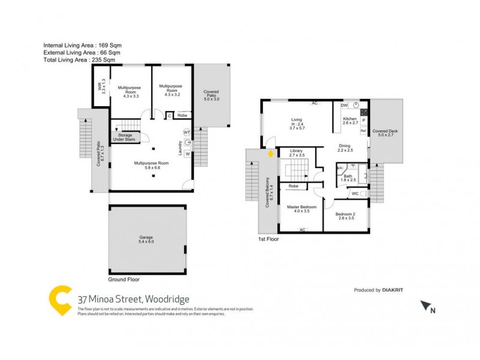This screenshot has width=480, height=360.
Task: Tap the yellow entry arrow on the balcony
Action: tap(270, 154)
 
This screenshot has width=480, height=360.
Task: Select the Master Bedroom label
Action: tap(301, 209)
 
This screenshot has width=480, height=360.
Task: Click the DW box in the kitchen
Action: tap(344, 106)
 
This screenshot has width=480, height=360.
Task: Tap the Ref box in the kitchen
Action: tap(364, 130)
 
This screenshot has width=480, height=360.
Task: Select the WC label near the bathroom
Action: tap(355, 193)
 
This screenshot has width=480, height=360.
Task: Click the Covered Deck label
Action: tap(384, 133)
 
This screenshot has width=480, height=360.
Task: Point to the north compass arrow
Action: tap(427, 307)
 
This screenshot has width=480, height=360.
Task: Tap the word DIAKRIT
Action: tap(395, 290)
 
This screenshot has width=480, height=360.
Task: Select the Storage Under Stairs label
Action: tap(125, 137)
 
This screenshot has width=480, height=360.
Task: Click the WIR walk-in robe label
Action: tap(102, 88)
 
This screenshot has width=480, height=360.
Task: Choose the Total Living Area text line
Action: tap(80, 61)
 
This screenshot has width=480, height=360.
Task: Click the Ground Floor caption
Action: tap(124, 280)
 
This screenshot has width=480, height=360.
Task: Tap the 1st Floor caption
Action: tap(268, 238)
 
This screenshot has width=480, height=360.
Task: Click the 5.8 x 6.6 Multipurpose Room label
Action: tap(147, 166)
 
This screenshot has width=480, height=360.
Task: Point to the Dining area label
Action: tap(344, 148)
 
